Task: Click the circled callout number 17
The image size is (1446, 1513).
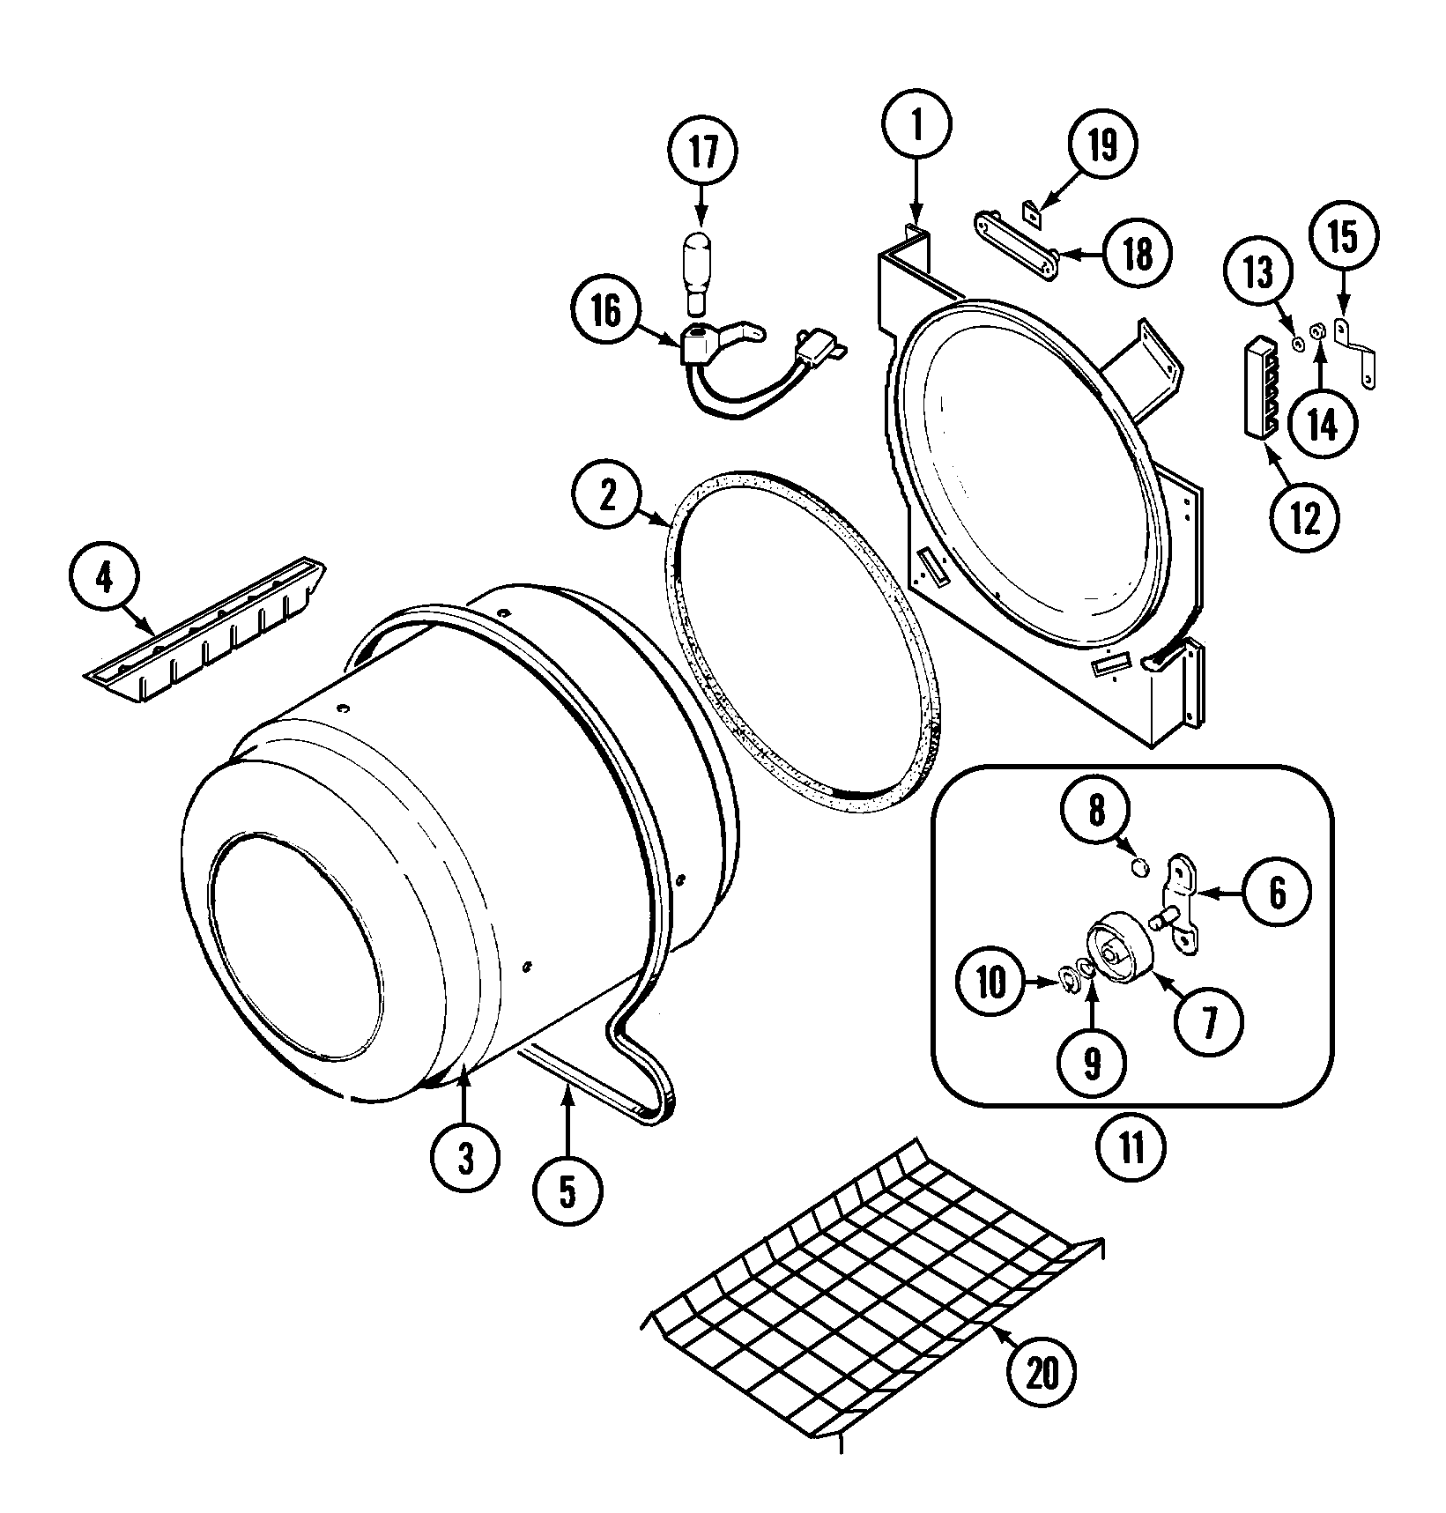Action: tap(702, 152)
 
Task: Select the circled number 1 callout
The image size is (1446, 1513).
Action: tap(916, 128)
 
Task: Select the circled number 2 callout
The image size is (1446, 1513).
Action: tap(608, 497)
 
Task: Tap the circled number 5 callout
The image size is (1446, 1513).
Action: tap(567, 1192)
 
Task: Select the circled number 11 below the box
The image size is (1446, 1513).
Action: tap(1131, 1146)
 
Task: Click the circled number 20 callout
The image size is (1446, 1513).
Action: tap(1042, 1372)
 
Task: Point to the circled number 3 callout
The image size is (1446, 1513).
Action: tap(465, 1160)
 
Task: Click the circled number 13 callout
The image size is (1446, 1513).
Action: tap(1258, 275)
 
